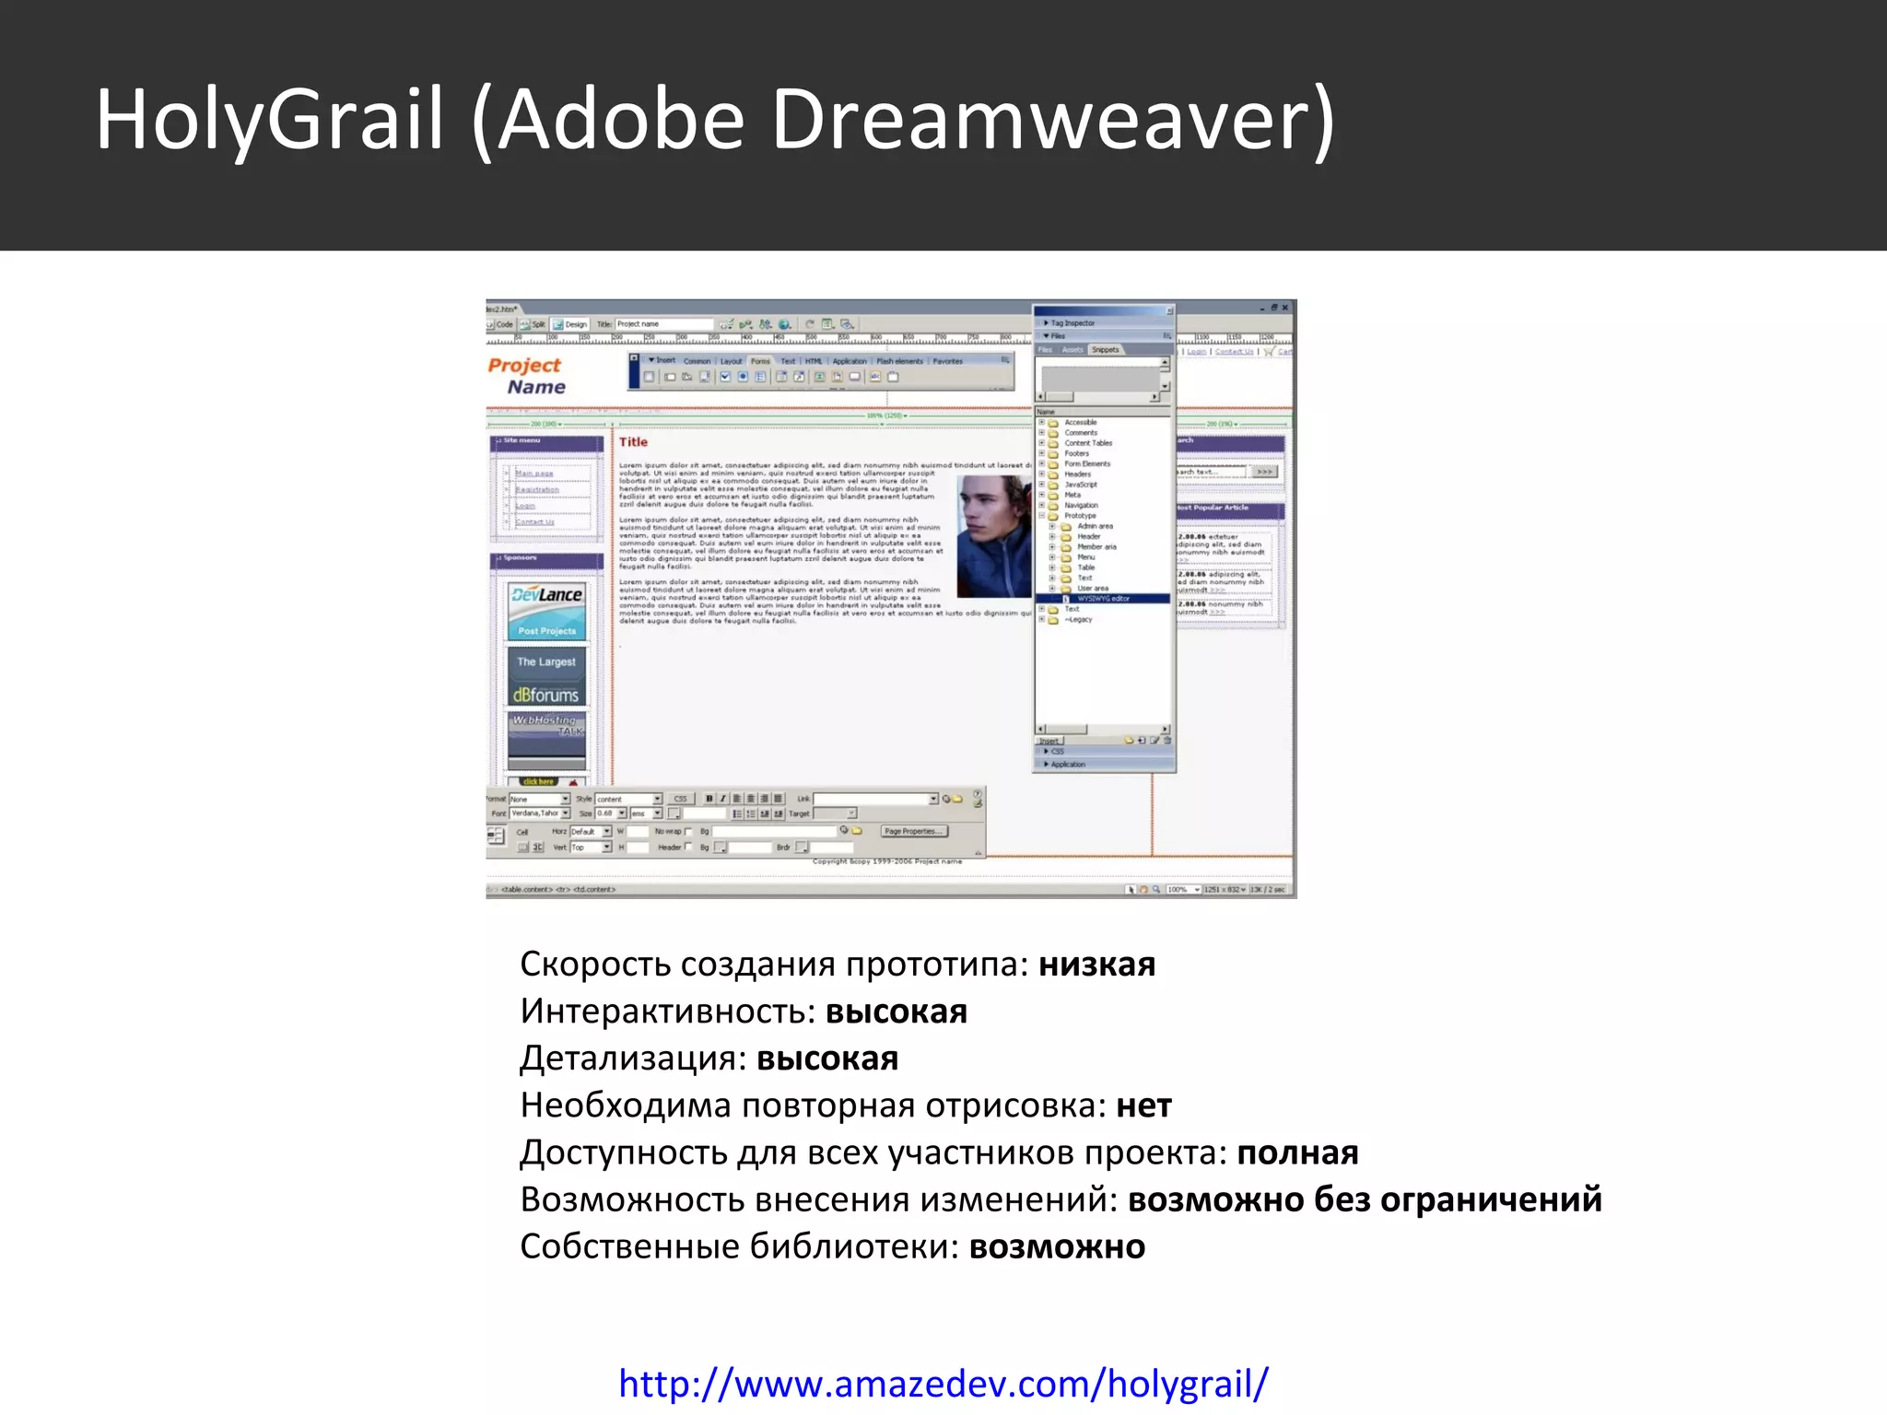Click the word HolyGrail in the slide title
(x=271, y=120)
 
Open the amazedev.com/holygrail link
(x=943, y=1383)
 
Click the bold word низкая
(x=1096, y=965)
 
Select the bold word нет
(x=1143, y=1105)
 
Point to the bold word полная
(x=1297, y=1152)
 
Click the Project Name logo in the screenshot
(x=527, y=376)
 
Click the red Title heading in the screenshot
(x=633, y=442)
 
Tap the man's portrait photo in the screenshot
(x=993, y=536)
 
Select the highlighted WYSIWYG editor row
(x=1104, y=599)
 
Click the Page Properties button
(x=914, y=831)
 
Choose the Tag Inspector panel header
(x=1072, y=323)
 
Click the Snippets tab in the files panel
(x=1105, y=350)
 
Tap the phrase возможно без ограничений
(x=1365, y=1199)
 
